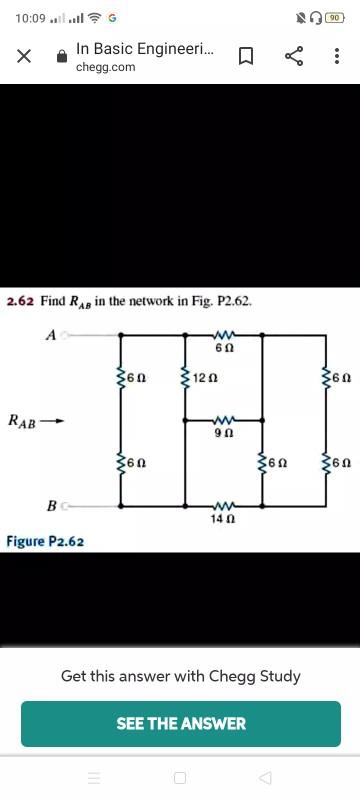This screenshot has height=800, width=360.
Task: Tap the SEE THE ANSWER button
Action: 180,723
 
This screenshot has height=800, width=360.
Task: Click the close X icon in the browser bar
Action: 23,57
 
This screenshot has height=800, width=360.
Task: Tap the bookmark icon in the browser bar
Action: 244,57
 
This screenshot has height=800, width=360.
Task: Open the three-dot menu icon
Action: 337,57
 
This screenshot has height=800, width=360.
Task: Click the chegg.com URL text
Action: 105,67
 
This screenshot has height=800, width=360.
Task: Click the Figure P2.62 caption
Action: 45,541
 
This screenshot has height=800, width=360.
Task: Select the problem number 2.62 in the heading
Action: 20,300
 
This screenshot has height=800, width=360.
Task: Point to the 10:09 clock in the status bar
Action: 29,16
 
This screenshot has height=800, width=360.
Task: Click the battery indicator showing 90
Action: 341,16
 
